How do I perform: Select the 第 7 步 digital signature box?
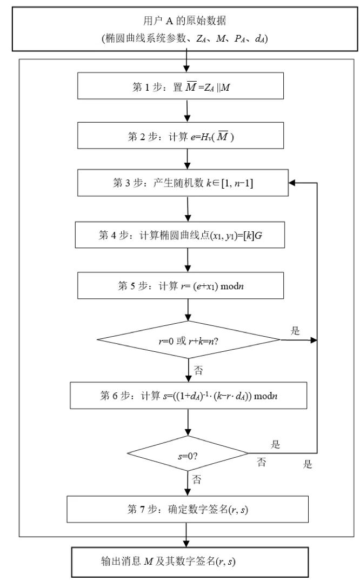(186, 508)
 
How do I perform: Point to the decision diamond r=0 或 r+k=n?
(188, 340)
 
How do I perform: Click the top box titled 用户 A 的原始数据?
(184, 30)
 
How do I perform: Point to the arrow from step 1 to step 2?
(187, 110)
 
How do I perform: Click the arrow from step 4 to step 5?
(187, 261)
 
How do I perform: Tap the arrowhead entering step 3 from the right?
(292, 184)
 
